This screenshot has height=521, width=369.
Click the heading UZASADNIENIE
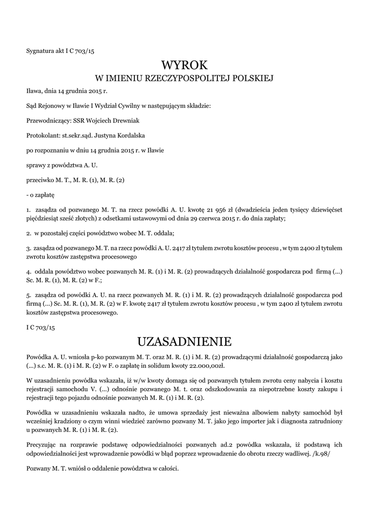(184, 340)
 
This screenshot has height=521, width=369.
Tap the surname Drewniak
(130, 121)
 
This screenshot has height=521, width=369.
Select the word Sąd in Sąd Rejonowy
(32, 106)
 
